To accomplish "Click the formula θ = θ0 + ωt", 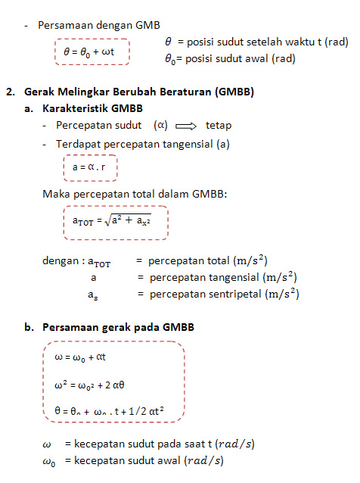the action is pos(92,52).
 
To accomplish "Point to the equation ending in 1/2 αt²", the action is pos(110,411).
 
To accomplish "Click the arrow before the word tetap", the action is pos(185,126).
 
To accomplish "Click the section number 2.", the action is pos(10,92).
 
